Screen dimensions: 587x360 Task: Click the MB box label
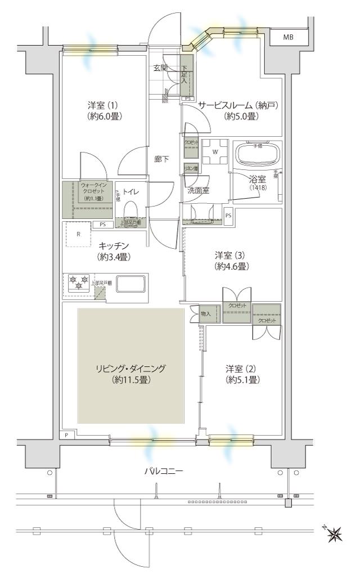pos(287,38)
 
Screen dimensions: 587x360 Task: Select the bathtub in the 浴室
pos(256,154)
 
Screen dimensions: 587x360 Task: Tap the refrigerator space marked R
pos(78,235)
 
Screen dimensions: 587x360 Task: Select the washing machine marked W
pos(214,151)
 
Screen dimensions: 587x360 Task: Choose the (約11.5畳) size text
pos(130,380)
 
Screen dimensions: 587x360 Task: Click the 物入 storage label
pos(205,313)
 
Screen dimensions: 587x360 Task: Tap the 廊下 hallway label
pos(161,159)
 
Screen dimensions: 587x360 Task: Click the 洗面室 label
pos(198,191)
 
